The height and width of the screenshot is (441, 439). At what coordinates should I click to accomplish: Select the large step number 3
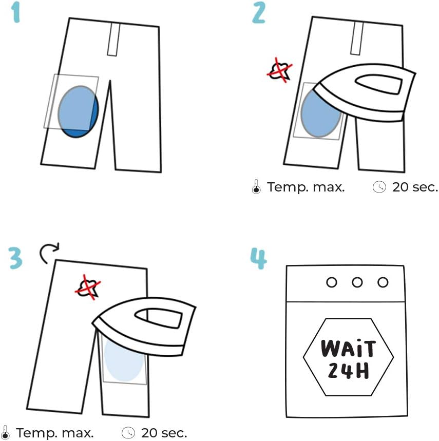(16, 258)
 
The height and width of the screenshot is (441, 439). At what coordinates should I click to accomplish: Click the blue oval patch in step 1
(78, 111)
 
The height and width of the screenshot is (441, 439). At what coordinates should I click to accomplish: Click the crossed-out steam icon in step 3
(88, 288)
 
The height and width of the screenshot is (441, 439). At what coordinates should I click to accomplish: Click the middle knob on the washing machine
(357, 282)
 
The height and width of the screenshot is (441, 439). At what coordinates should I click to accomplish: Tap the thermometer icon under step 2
(256, 188)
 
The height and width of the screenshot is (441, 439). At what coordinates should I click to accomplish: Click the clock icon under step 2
(379, 187)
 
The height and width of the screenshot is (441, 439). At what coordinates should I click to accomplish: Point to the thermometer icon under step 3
(6, 433)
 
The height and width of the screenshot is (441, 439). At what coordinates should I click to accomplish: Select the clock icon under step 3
(128, 433)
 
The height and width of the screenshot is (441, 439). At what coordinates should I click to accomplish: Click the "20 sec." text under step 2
(415, 187)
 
